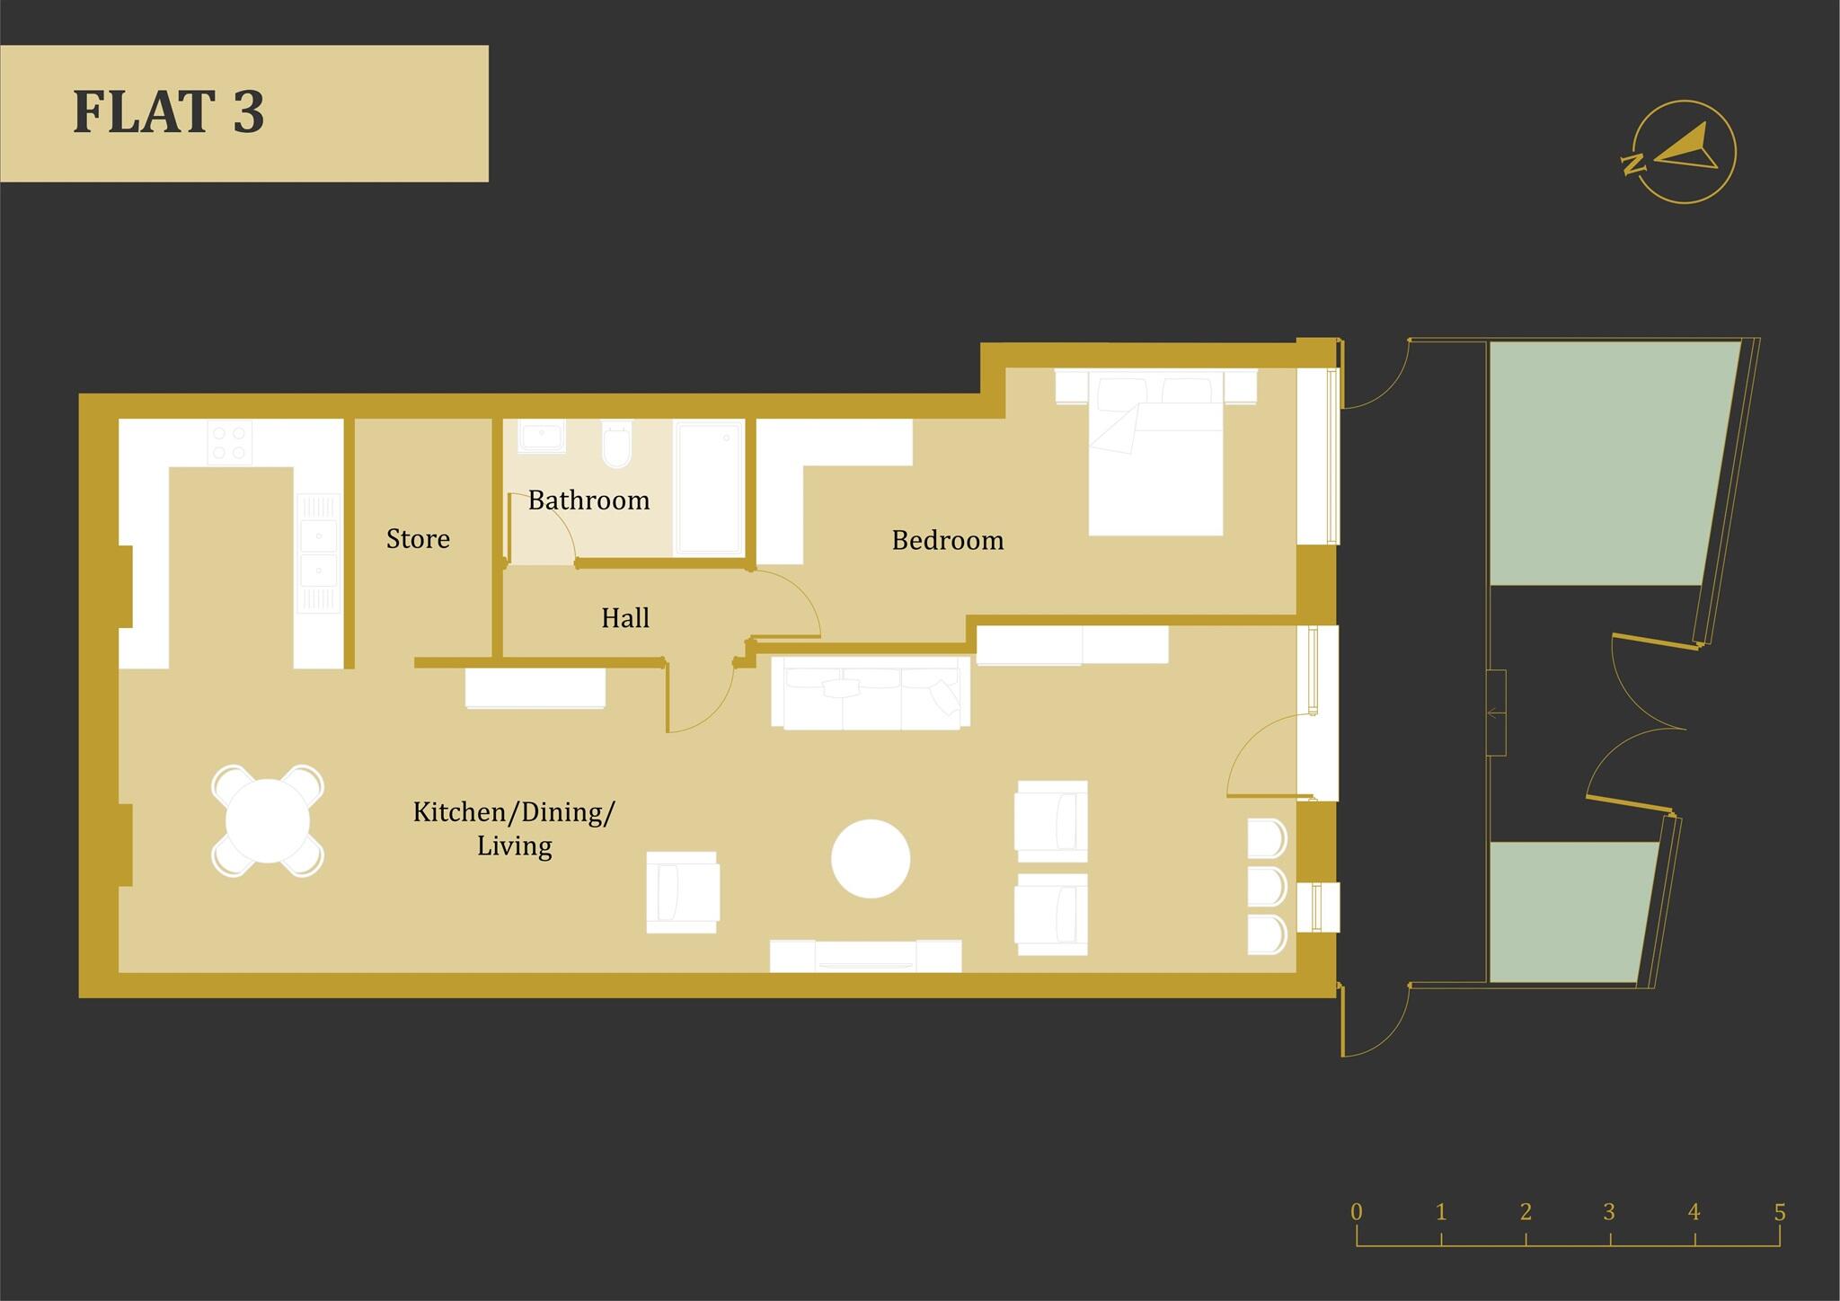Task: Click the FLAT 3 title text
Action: (x=169, y=112)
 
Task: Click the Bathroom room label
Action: (x=588, y=500)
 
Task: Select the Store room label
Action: (x=418, y=539)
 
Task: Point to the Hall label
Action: (x=625, y=618)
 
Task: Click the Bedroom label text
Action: (x=948, y=541)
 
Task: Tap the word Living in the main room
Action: (x=514, y=846)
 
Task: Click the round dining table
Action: (x=268, y=821)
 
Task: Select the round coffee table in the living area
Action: (x=871, y=858)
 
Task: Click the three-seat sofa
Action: (x=871, y=693)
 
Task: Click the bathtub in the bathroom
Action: (x=709, y=488)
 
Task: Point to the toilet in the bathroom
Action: (x=617, y=447)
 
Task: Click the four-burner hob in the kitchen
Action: (x=229, y=443)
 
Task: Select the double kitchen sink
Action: (x=318, y=552)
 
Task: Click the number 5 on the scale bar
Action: (x=1780, y=1212)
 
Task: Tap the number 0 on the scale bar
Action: (x=1357, y=1212)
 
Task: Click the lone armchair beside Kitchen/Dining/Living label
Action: (x=683, y=892)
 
